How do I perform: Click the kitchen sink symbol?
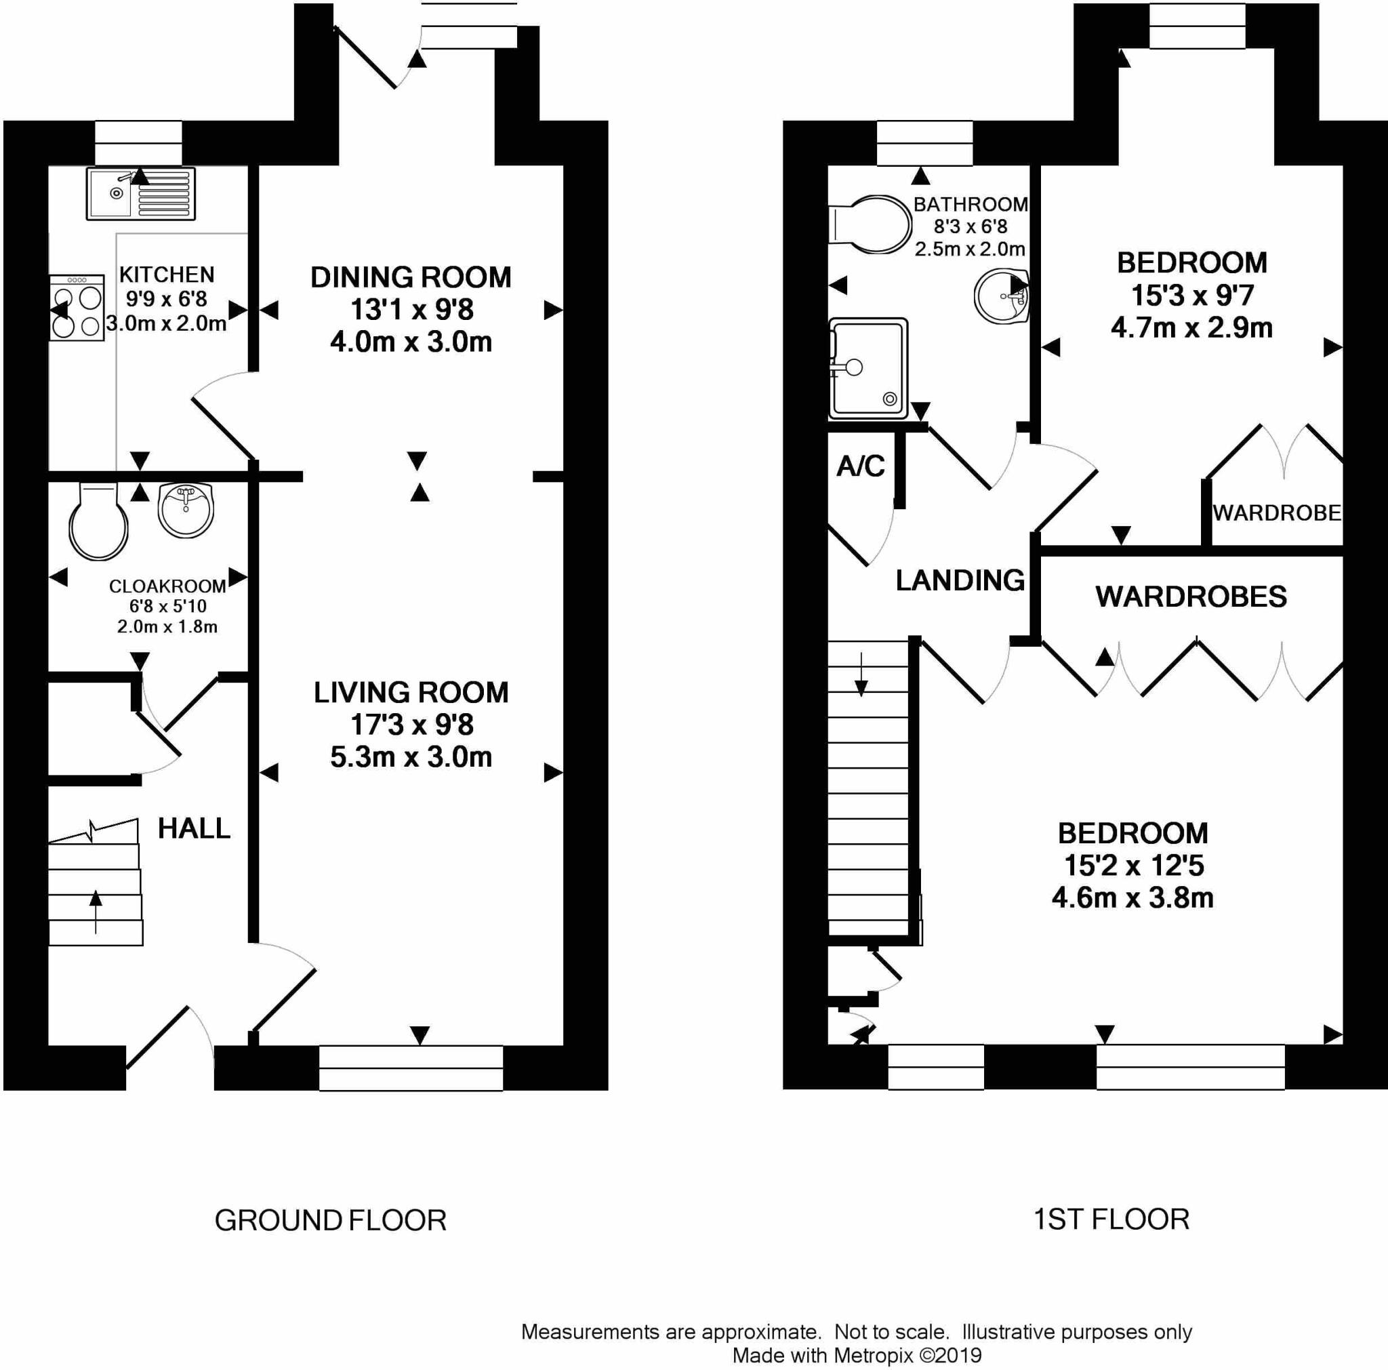click(140, 193)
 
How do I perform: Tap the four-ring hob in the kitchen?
click(77, 308)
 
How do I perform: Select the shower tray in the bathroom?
click(868, 369)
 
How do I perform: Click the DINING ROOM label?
click(411, 277)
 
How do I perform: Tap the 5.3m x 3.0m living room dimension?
click(411, 757)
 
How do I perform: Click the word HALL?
click(194, 828)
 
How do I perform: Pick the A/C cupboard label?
click(861, 466)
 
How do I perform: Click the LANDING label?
click(960, 580)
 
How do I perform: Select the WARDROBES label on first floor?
click(1190, 597)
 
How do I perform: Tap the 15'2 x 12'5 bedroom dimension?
click(1133, 866)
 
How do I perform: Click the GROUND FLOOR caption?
click(331, 1221)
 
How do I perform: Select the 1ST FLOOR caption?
click(1111, 1219)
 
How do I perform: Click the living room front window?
click(411, 1068)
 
